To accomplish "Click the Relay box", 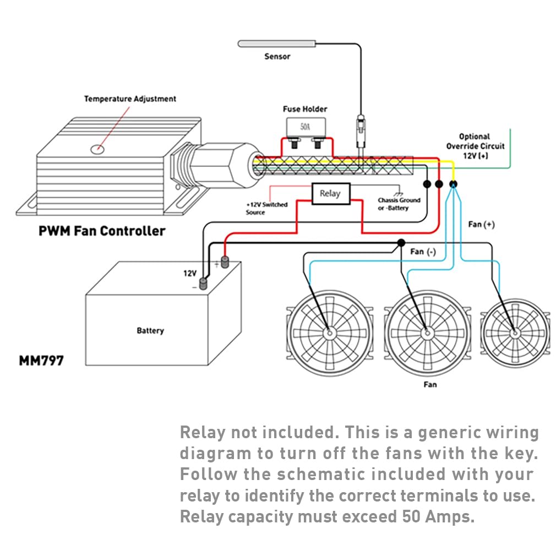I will pyautogui.click(x=329, y=194).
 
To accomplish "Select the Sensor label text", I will pyautogui.click(x=277, y=56).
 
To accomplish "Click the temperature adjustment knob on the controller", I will pyautogui.click(x=98, y=148).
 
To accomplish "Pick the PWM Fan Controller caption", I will pyautogui.click(x=102, y=230).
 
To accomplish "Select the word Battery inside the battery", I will pyautogui.click(x=150, y=331).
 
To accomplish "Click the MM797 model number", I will pyautogui.click(x=41, y=361).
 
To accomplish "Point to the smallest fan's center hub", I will pyautogui.click(x=514, y=332).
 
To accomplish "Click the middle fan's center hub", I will pyautogui.click(x=426, y=332).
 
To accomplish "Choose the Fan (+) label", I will pyautogui.click(x=481, y=225).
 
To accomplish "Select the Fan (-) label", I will pyautogui.click(x=423, y=252).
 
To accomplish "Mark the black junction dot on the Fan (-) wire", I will pyautogui.click(x=401, y=243).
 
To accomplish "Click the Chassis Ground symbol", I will pyautogui.click(x=397, y=189).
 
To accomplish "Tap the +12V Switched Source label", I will pyautogui.click(x=266, y=208).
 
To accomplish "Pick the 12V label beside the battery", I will pyautogui.click(x=190, y=273).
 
